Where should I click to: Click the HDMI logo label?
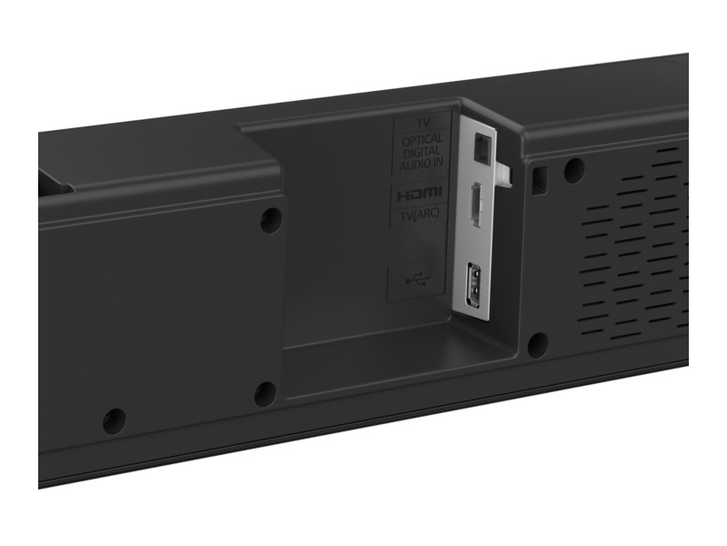pyautogui.click(x=420, y=193)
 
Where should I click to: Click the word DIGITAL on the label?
pyautogui.click(x=422, y=153)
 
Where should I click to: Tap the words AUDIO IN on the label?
pyautogui.click(x=422, y=165)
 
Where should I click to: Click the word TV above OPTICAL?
pyautogui.click(x=422, y=122)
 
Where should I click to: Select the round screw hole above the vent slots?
pyautogui.click(x=573, y=168)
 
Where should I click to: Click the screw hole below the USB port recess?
pyautogui.click(x=536, y=344)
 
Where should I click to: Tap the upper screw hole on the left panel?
pyautogui.click(x=269, y=219)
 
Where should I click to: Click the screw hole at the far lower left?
pyautogui.click(x=115, y=420)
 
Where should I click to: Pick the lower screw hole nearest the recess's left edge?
pyautogui.click(x=264, y=393)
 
